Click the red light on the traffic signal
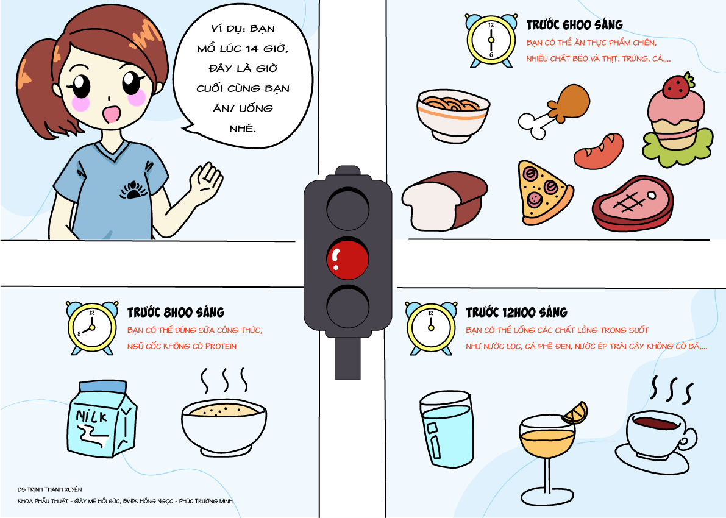347,259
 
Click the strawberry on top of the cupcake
677,86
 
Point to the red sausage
599,151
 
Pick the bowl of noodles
453,115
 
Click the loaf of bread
444,201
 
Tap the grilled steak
633,203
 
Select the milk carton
102,419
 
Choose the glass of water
447,428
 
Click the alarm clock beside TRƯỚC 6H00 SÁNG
491,40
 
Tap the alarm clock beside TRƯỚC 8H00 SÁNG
91,328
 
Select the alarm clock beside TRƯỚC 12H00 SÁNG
430,328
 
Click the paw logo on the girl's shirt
133,190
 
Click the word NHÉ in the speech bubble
243,128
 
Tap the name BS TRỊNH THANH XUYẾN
49,489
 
